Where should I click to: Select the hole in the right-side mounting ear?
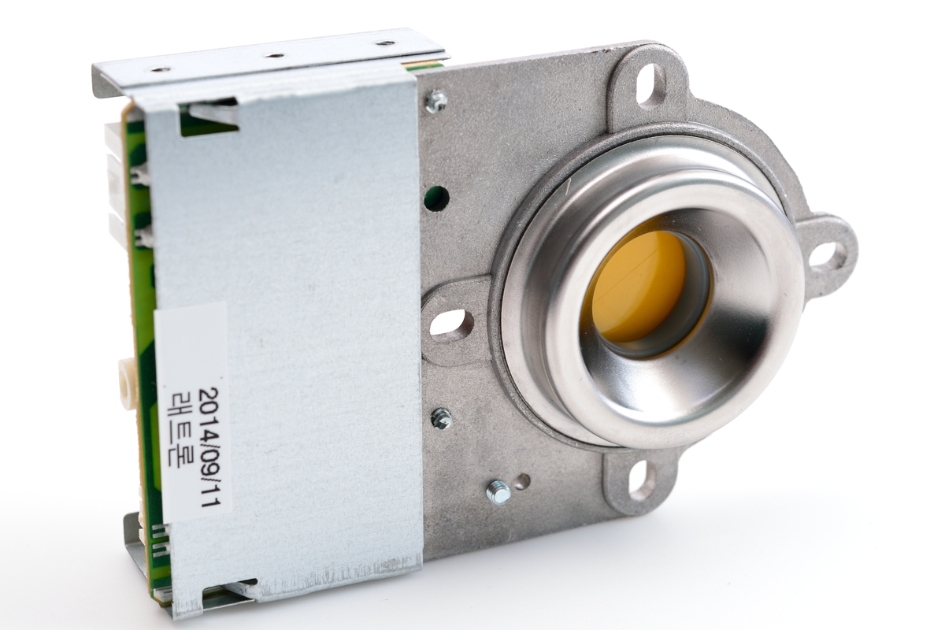click(x=825, y=254)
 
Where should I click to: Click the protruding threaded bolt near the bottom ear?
click(x=497, y=492)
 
